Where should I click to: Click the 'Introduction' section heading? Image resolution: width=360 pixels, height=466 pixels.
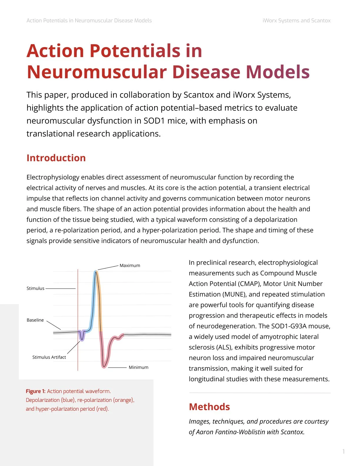(x=56, y=158)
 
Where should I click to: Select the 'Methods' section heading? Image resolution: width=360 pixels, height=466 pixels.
(x=209, y=407)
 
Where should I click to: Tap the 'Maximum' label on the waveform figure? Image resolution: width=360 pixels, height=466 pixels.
(x=130, y=265)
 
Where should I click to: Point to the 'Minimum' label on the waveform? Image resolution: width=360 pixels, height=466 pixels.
(x=139, y=367)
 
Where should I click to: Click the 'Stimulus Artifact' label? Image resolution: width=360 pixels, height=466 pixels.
(x=49, y=357)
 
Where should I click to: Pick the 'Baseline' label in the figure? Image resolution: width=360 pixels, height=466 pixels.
(x=35, y=320)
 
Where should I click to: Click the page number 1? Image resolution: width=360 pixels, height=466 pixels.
(x=344, y=451)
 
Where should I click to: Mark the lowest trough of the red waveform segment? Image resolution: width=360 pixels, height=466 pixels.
(x=104, y=366)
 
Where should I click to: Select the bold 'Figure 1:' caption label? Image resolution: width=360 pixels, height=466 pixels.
(x=36, y=391)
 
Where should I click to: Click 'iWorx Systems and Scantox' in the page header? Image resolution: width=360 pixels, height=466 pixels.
(x=296, y=21)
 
